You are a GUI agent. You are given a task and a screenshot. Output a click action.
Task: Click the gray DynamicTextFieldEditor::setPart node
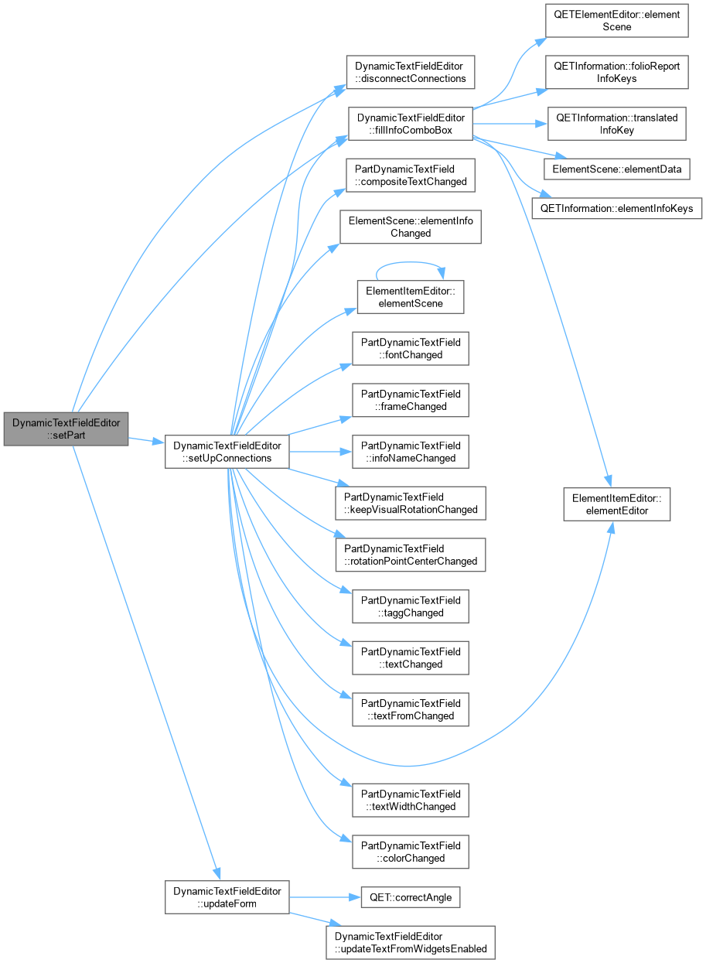click(66, 429)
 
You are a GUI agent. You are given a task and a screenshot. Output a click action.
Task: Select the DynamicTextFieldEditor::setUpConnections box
click(227, 452)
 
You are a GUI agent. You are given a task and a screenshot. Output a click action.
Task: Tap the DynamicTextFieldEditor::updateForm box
click(227, 898)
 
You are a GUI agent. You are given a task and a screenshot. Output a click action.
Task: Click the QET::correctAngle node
click(411, 898)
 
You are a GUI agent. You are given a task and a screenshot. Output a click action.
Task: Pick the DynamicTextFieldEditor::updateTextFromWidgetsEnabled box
click(411, 943)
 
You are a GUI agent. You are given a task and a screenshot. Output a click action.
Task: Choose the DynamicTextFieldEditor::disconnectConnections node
click(411, 72)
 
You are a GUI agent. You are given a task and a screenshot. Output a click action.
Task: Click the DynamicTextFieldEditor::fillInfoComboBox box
click(411, 124)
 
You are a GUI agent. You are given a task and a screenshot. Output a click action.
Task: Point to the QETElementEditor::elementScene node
click(616, 21)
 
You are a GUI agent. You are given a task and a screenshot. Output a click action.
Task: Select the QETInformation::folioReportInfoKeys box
click(616, 72)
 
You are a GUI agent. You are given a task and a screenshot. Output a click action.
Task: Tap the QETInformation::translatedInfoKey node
click(616, 124)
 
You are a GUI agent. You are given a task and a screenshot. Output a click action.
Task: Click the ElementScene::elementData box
click(616, 169)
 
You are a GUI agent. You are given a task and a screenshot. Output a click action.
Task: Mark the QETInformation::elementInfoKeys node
click(616, 209)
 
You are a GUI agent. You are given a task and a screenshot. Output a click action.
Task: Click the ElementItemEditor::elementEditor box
click(616, 504)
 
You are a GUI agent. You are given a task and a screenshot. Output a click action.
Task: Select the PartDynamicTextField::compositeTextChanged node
click(411, 176)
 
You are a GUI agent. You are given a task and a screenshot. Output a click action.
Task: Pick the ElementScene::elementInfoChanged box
click(411, 227)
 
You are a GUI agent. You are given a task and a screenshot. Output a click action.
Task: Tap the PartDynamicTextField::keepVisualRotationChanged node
click(411, 504)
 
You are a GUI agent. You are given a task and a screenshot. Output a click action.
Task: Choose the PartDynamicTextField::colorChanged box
click(411, 852)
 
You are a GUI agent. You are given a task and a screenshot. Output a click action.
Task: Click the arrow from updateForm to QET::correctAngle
click(325, 898)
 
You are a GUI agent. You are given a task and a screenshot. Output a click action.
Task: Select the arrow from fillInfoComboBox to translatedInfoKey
click(510, 124)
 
